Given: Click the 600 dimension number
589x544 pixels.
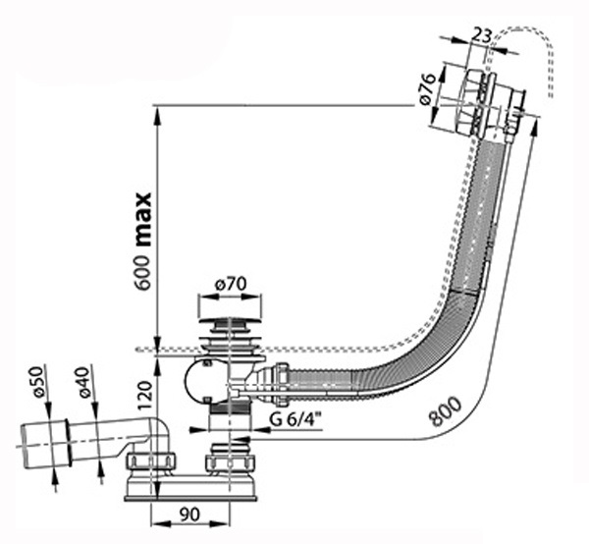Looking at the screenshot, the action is pos(143,273).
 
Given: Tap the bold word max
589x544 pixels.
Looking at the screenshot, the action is pos(143,220).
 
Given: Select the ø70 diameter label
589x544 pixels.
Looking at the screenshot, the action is pos(230,284).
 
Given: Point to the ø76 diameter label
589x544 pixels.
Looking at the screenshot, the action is pos(427,90).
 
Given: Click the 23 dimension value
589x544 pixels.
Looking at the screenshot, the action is pos(481,35).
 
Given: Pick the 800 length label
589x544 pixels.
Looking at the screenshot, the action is pos(446,411).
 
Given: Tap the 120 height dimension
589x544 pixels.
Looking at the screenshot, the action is pos(144,396).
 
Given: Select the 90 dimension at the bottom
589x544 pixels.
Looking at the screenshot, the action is pos(189,515).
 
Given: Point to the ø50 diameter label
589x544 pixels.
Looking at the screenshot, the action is pos(39,382).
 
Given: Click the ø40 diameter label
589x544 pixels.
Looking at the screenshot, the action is pos(84,382).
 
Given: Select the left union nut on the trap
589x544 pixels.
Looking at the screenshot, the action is pos(150,462).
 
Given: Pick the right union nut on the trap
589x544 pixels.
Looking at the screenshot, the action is pos(231,462).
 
